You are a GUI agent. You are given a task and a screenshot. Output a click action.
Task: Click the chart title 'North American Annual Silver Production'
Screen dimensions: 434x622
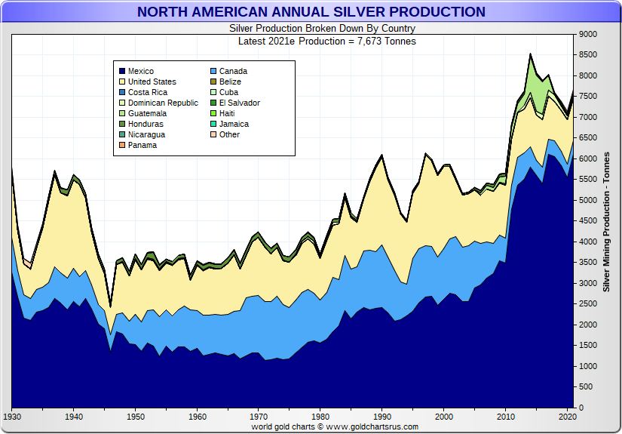pyautogui.click(x=311, y=12)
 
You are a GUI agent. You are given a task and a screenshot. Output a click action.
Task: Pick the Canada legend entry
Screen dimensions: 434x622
pyautogui.click(x=232, y=72)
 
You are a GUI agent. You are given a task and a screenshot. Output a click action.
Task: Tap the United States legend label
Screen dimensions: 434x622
pyautogui.click(x=152, y=82)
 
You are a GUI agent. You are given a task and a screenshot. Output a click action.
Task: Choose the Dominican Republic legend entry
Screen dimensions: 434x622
pyautogui.click(x=163, y=103)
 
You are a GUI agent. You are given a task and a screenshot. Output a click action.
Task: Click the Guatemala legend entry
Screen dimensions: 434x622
pyautogui.click(x=147, y=114)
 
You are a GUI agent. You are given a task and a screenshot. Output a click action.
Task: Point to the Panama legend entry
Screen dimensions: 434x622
pyautogui.click(x=142, y=146)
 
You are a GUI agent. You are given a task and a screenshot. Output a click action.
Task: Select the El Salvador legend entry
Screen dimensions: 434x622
pyautogui.click(x=239, y=103)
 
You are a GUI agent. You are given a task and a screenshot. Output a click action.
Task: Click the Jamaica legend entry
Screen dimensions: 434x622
pyautogui.click(x=234, y=125)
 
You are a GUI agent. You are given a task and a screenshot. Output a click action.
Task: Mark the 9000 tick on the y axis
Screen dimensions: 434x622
pyautogui.click(x=587, y=35)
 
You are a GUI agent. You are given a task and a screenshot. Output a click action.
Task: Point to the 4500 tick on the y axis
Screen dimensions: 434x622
pyautogui.click(x=587, y=221)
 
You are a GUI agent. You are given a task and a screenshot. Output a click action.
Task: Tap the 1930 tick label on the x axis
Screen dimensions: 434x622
pyautogui.click(x=11, y=416)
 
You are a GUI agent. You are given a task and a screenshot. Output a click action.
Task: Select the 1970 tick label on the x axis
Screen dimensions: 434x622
pyautogui.click(x=259, y=416)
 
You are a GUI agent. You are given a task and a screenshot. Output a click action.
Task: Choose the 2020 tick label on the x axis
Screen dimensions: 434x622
pyautogui.click(x=568, y=416)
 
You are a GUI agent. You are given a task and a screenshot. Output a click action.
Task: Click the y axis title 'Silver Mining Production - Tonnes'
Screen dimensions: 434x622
pyautogui.click(x=606, y=221)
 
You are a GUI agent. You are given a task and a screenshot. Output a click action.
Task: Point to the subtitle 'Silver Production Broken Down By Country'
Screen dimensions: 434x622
pyautogui.click(x=322, y=29)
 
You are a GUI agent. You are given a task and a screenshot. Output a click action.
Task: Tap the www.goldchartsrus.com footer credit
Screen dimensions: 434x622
pyautogui.click(x=372, y=426)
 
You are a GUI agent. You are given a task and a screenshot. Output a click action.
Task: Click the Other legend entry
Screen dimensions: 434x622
pyautogui.click(x=229, y=135)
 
